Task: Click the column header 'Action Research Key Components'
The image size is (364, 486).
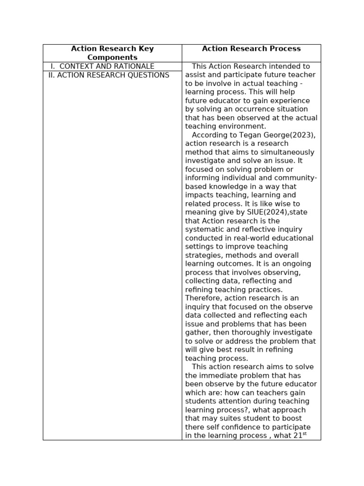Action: point(112,53)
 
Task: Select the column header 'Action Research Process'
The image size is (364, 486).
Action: point(251,48)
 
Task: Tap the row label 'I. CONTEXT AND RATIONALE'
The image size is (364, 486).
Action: point(102,66)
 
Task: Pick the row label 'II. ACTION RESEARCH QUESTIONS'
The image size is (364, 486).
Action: point(109,75)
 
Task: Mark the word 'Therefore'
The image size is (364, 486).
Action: point(203,298)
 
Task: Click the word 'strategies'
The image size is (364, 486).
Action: point(203,255)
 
